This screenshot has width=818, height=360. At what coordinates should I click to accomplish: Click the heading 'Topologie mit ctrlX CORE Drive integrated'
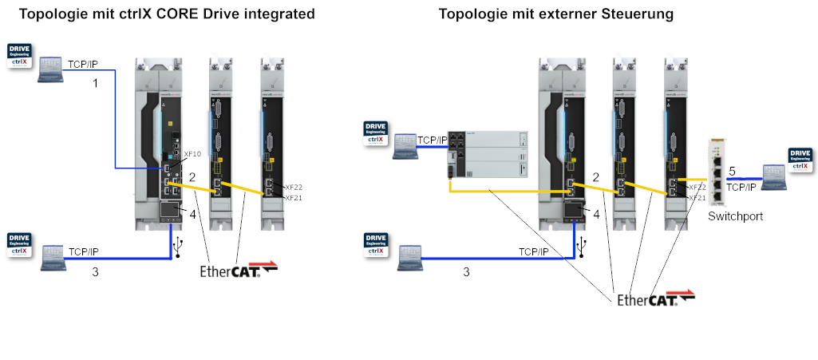click(x=167, y=14)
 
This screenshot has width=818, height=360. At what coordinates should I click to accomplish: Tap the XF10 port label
click(x=192, y=153)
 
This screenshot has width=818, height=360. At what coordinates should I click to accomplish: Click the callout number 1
click(x=95, y=83)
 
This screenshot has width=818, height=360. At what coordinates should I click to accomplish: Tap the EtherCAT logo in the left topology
click(x=239, y=271)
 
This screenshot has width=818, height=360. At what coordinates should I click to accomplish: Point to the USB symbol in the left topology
click(x=180, y=244)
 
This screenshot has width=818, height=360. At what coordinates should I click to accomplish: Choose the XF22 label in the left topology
click(x=293, y=188)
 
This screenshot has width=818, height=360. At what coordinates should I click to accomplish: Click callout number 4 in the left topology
click(x=192, y=213)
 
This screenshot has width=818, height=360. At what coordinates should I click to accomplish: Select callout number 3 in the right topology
click(x=467, y=271)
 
